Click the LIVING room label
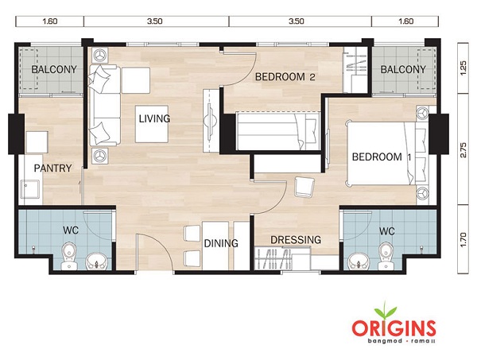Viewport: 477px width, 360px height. point(154,118)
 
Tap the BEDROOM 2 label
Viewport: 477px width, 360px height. point(285,77)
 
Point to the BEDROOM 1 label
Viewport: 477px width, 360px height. point(382,157)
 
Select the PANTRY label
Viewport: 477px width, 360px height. point(52,168)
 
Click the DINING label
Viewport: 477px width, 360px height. point(221,243)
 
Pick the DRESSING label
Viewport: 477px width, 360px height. point(296,240)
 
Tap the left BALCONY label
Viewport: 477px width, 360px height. point(54,70)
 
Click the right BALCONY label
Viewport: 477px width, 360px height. point(403,70)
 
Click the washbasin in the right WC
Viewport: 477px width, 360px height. point(358,261)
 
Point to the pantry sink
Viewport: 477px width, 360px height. point(30,189)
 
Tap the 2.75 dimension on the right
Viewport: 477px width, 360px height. point(463,149)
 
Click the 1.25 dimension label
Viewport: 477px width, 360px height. point(463,68)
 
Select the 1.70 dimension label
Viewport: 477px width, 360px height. point(463,239)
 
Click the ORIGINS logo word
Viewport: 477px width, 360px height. point(394,327)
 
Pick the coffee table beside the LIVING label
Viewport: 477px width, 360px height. point(152,124)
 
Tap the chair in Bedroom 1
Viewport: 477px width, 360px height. point(304,187)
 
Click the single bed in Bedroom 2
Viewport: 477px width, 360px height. point(278,131)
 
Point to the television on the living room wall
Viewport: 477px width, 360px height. point(210,121)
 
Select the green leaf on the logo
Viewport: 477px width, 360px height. point(386,311)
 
